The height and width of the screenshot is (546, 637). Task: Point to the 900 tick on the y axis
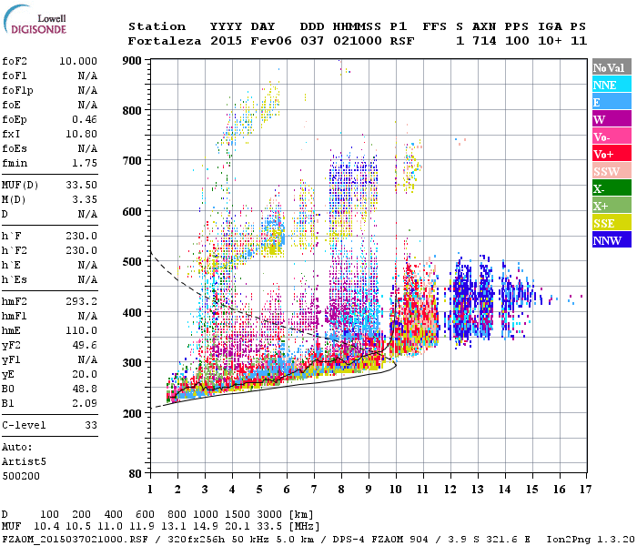[132, 60]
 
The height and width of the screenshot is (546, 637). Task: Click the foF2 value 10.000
[78, 60]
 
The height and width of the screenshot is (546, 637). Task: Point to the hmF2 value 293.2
[82, 301]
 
